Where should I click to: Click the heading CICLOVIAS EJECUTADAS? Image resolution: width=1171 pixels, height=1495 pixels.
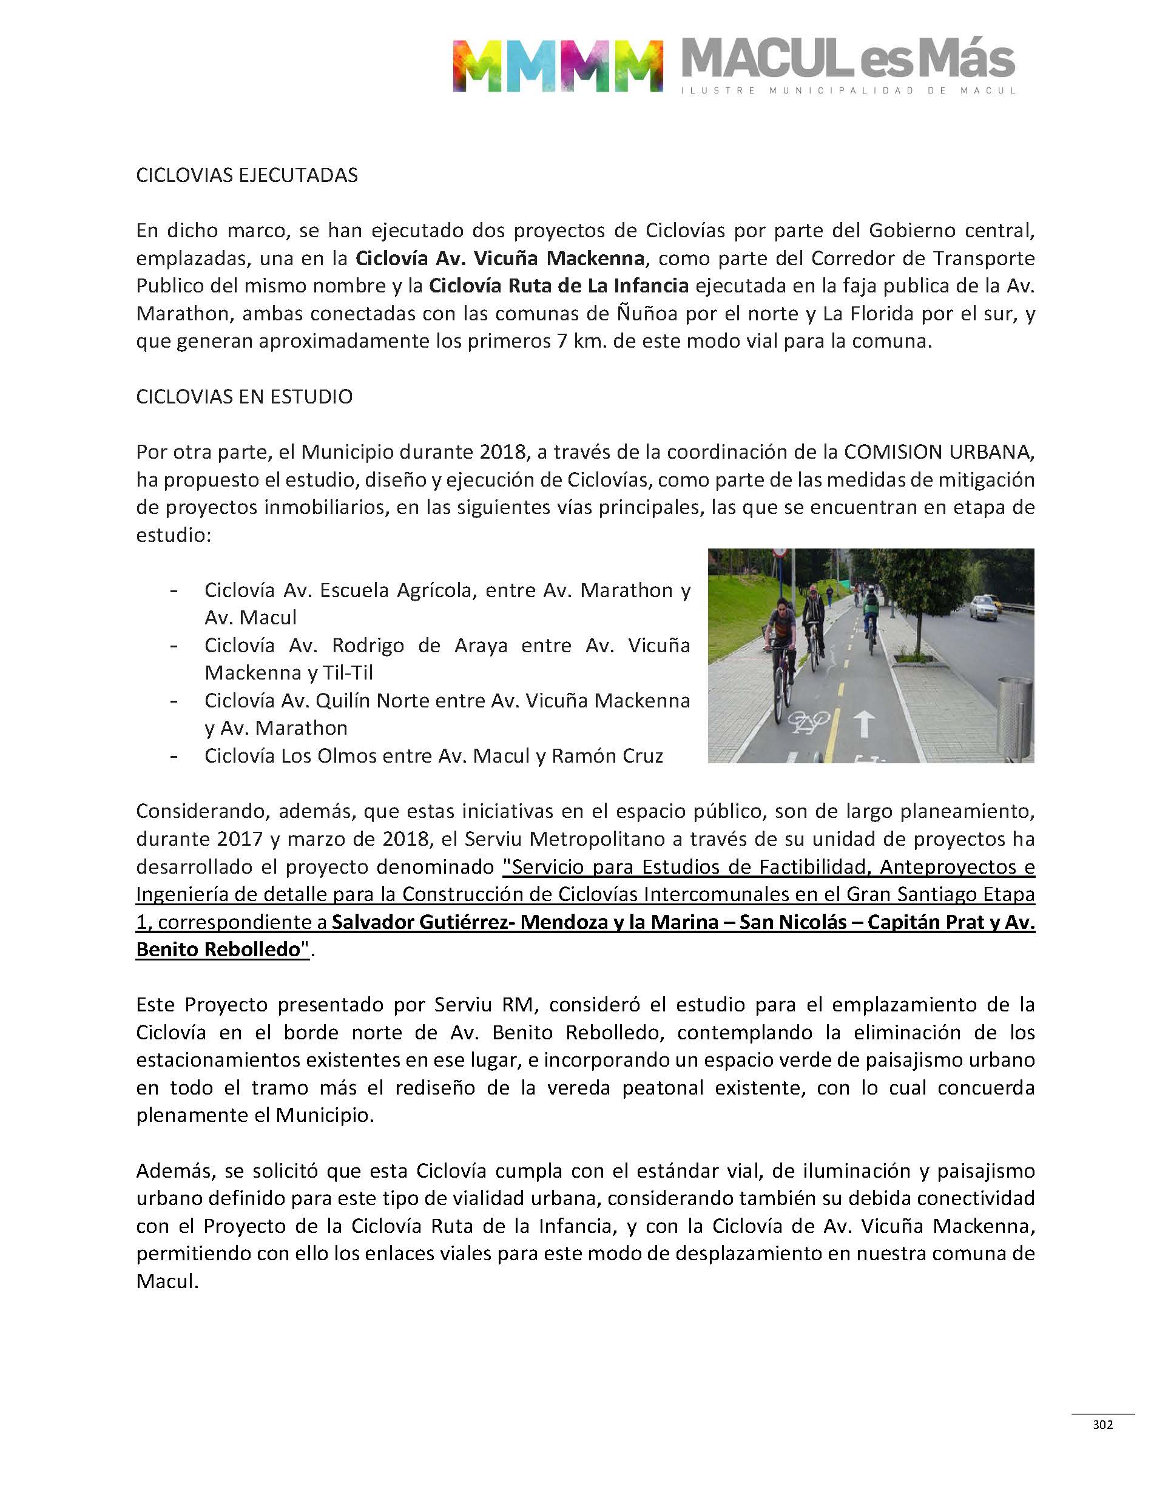[247, 175]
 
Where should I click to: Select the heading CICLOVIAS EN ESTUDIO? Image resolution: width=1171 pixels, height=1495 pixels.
[244, 397]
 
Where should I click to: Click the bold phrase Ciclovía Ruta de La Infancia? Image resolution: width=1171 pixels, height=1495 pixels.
[559, 286]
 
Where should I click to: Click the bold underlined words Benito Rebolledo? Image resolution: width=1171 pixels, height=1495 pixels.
[218, 950]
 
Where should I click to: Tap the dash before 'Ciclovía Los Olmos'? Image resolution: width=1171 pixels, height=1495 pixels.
[175, 755]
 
